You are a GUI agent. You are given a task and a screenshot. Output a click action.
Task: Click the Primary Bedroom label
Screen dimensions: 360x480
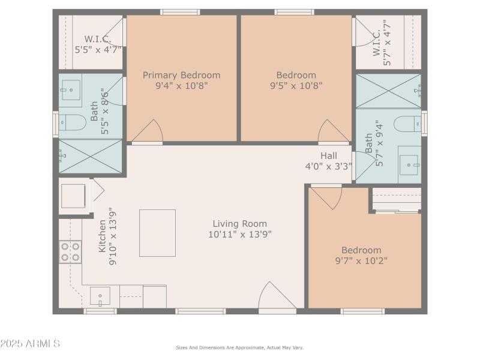pyautogui.click(x=181, y=75)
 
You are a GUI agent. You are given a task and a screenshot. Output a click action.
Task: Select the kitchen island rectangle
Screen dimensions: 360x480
pyautogui.click(x=157, y=233)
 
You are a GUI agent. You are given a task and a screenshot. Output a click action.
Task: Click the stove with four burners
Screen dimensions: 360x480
pyautogui.click(x=70, y=252)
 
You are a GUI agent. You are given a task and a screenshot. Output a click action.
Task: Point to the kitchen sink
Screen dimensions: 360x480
pyautogui.click(x=100, y=296)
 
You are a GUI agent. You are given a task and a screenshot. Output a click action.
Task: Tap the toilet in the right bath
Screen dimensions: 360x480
pyautogui.click(x=407, y=124)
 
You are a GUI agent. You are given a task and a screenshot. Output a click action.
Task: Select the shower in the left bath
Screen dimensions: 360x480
pyautogui.click(x=90, y=156)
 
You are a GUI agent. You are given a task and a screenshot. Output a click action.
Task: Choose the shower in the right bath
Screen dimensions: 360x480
pyautogui.click(x=388, y=91)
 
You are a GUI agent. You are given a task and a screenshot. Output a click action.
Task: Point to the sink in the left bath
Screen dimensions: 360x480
pyautogui.click(x=71, y=89)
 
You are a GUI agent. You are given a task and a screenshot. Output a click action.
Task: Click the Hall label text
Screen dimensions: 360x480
pyautogui.click(x=328, y=156)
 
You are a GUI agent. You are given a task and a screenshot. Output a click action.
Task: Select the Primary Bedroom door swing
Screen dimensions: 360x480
pyautogui.click(x=148, y=131)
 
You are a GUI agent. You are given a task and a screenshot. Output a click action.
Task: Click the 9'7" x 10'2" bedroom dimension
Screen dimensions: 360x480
pyautogui.click(x=361, y=260)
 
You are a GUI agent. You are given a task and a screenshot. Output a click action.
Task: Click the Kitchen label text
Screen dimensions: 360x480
pyautogui.click(x=103, y=236)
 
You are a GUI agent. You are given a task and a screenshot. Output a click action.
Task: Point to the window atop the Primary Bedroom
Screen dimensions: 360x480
pyautogui.click(x=180, y=12)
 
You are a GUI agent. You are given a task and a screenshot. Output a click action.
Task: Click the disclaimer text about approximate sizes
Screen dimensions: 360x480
pyautogui.click(x=239, y=347)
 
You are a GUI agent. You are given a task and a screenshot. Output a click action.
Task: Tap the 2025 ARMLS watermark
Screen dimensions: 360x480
pyautogui.click(x=30, y=344)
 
